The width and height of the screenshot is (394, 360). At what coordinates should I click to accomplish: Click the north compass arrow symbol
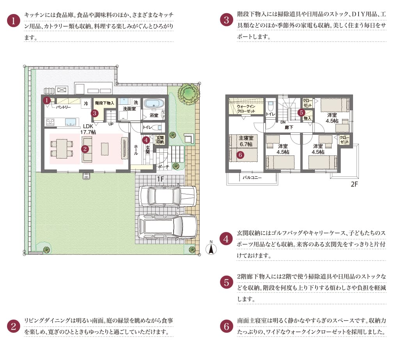coord(211,248)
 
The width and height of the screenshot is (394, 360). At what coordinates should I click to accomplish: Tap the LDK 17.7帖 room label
coord(88,129)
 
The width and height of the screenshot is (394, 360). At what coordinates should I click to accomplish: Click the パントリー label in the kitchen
coord(63,106)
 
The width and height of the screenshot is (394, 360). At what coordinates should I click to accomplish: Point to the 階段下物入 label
coord(104,103)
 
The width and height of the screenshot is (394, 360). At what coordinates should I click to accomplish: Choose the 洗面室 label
coord(129,109)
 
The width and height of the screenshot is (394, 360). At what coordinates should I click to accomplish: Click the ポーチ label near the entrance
coord(163,166)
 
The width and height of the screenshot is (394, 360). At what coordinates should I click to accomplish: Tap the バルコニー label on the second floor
coord(252,177)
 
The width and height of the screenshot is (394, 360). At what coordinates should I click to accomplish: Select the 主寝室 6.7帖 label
coord(246,141)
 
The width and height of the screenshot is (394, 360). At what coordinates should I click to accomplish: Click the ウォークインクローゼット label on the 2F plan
coord(246,109)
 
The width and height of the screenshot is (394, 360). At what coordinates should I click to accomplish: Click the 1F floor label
coord(161,179)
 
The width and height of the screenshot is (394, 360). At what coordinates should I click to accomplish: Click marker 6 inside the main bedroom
coord(240,155)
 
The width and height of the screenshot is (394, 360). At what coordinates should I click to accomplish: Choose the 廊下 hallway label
coord(289,127)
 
